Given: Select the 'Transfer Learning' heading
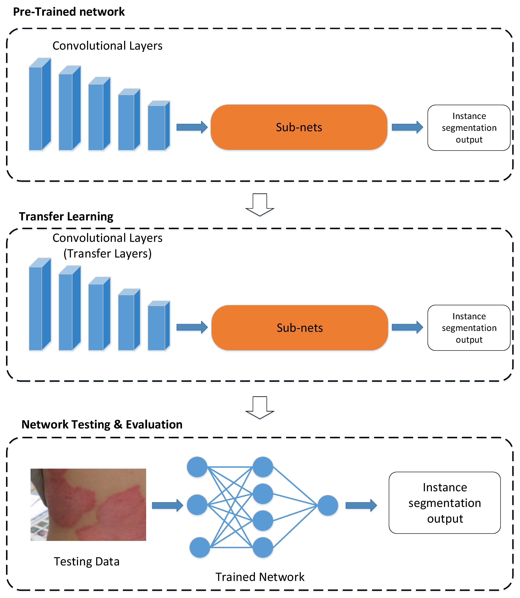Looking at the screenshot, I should [x=66, y=216].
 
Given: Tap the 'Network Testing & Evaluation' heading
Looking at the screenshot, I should [x=102, y=424].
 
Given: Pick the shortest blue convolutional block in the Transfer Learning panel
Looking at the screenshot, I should [x=158, y=326].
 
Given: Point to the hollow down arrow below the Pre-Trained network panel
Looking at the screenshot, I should [x=260, y=205].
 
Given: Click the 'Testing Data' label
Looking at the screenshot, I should [x=86, y=561].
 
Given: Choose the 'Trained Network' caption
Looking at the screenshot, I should [x=260, y=577].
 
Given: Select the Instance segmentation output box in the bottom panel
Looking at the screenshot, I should [x=445, y=503].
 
